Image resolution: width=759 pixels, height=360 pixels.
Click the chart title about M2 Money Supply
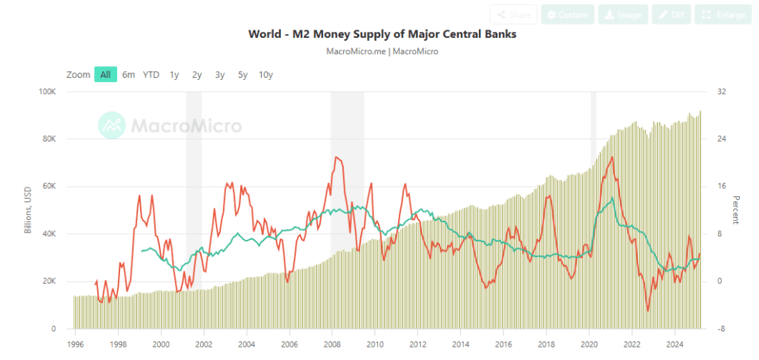(382, 35)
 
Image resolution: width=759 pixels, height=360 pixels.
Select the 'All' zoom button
(105, 74)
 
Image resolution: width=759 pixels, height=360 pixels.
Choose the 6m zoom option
(129, 74)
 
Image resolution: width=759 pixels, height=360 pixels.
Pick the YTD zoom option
(151, 74)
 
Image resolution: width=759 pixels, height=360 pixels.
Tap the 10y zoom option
(265, 74)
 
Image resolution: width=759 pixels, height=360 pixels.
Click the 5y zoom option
(242, 74)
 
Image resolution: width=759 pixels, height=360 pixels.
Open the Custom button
(567, 15)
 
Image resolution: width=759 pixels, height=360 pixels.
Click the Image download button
(623, 15)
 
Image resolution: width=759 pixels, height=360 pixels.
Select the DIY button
(672, 15)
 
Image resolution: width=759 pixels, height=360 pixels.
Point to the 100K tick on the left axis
(47, 92)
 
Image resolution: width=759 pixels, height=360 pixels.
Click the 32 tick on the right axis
(720, 92)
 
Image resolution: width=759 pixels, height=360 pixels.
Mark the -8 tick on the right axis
(720, 329)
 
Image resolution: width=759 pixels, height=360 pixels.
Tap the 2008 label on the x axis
(332, 344)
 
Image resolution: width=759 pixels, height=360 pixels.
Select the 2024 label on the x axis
(675, 344)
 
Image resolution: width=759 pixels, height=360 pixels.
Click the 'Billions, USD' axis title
(27, 210)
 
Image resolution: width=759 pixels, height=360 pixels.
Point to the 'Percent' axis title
(736, 210)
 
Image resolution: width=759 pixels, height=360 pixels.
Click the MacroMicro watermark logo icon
(112, 125)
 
